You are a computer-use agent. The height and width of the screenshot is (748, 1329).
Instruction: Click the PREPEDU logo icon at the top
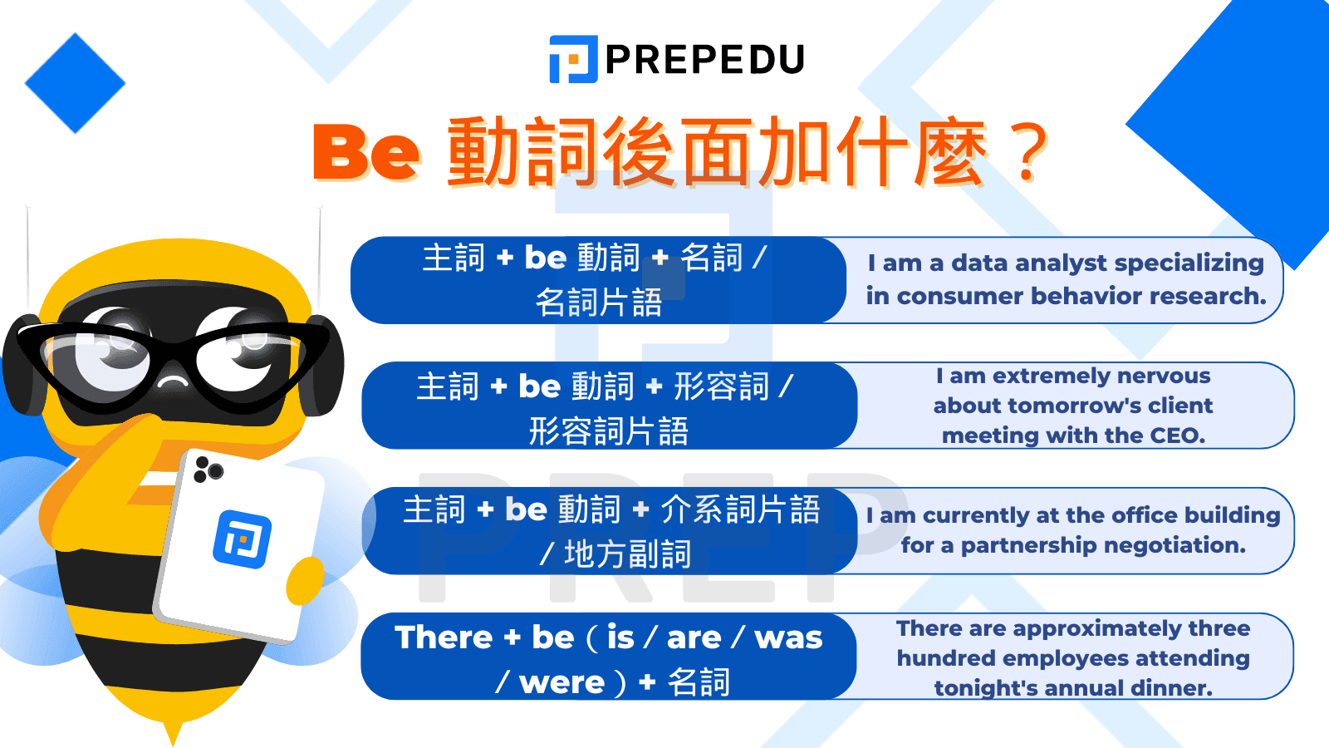click(x=573, y=59)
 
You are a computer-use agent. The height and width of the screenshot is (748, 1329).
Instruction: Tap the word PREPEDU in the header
click(x=705, y=59)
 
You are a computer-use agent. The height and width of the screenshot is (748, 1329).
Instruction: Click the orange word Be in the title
click(x=366, y=152)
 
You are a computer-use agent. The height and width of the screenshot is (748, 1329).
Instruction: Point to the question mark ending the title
click(x=1030, y=153)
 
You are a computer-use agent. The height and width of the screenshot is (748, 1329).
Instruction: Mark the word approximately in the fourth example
click(x=1097, y=628)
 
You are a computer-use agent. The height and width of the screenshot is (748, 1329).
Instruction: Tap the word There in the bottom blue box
click(x=444, y=637)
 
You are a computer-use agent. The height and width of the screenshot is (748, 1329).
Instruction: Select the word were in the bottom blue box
click(x=562, y=682)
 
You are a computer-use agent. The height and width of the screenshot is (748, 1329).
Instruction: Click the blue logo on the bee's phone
click(x=242, y=539)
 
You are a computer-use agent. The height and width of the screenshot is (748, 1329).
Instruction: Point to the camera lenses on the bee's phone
click(x=208, y=471)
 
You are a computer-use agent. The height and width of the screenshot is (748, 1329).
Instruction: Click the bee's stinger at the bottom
click(x=173, y=731)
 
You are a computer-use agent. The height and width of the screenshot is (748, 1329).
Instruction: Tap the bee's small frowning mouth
click(x=174, y=382)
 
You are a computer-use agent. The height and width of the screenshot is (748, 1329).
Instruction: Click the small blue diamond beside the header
click(x=75, y=83)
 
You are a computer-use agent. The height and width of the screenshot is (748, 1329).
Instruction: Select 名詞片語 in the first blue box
click(x=598, y=303)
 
